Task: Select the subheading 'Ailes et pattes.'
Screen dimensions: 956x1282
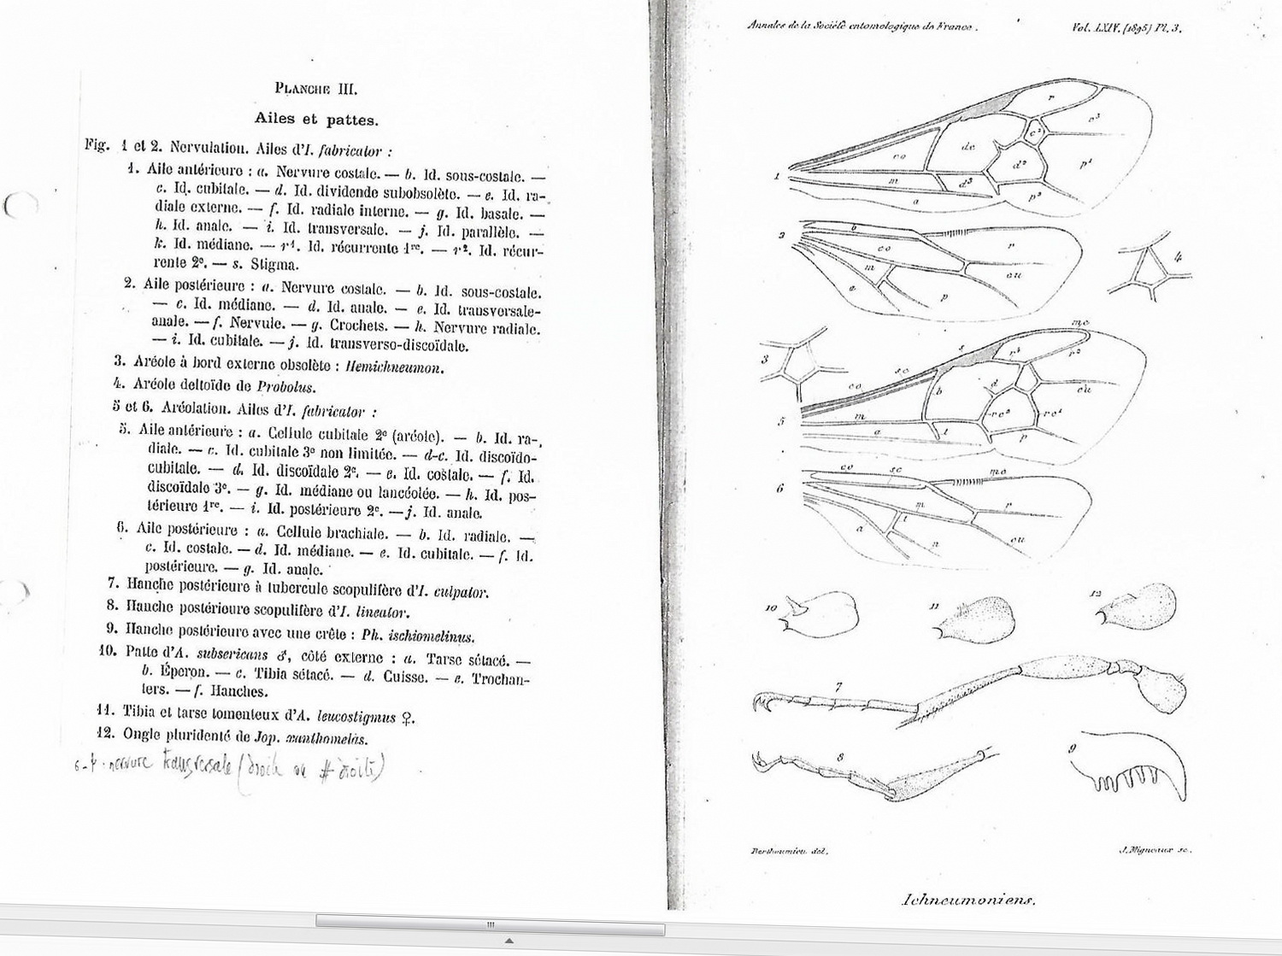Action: coord(316,120)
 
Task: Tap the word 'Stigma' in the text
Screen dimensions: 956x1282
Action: coord(273,264)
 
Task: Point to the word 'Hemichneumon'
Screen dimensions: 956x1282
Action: coord(395,367)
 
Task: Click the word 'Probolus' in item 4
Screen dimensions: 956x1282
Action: coord(286,386)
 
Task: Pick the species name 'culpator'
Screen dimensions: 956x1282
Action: coord(461,591)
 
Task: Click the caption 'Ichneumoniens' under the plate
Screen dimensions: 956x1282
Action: coord(967,899)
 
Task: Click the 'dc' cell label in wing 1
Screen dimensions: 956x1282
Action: coord(967,147)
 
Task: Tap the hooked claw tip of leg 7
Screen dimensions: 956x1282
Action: coord(759,703)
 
